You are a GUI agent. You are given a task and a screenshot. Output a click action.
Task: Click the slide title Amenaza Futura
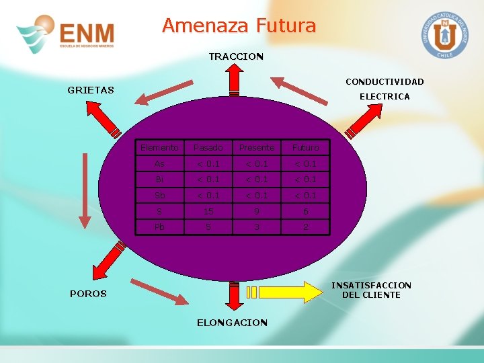pyautogui.click(x=239, y=26)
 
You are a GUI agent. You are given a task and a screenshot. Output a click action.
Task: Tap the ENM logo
pyautogui.click(x=66, y=34)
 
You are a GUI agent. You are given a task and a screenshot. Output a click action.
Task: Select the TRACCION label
pyautogui.click(x=236, y=56)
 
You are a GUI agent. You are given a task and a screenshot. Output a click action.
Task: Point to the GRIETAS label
pyautogui.click(x=91, y=89)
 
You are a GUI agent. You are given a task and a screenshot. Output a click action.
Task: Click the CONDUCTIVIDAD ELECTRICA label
pyautogui.click(x=385, y=89)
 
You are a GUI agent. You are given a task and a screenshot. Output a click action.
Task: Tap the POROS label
pyautogui.click(x=88, y=294)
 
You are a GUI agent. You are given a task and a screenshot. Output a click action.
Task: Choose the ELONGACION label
pyautogui.click(x=232, y=323)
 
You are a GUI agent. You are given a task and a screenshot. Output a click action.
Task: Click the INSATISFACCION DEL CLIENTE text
pyautogui.click(x=371, y=290)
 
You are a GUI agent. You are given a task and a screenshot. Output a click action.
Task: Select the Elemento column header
pyautogui.click(x=159, y=147)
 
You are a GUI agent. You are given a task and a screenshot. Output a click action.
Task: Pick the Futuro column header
pyautogui.click(x=306, y=147)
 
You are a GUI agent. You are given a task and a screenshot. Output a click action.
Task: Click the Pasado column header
pyautogui.click(x=208, y=147)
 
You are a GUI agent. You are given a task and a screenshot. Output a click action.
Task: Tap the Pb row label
pyautogui.click(x=159, y=227)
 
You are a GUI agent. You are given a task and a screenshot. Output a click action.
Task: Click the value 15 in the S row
pyautogui.click(x=208, y=211)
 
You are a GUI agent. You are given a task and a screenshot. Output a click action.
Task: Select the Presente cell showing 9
pyautogui.click(x=257, y=211)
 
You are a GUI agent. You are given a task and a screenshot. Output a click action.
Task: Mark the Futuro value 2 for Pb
pyautogui.click(x=306, y=227)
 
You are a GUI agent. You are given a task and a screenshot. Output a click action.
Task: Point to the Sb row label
pyautogui.click(x=159, y=196)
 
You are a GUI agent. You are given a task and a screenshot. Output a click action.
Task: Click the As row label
pyautogui.click(x=159, y=163)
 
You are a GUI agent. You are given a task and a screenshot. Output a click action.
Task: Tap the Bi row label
pyautogui.click(x=159, y=179)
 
